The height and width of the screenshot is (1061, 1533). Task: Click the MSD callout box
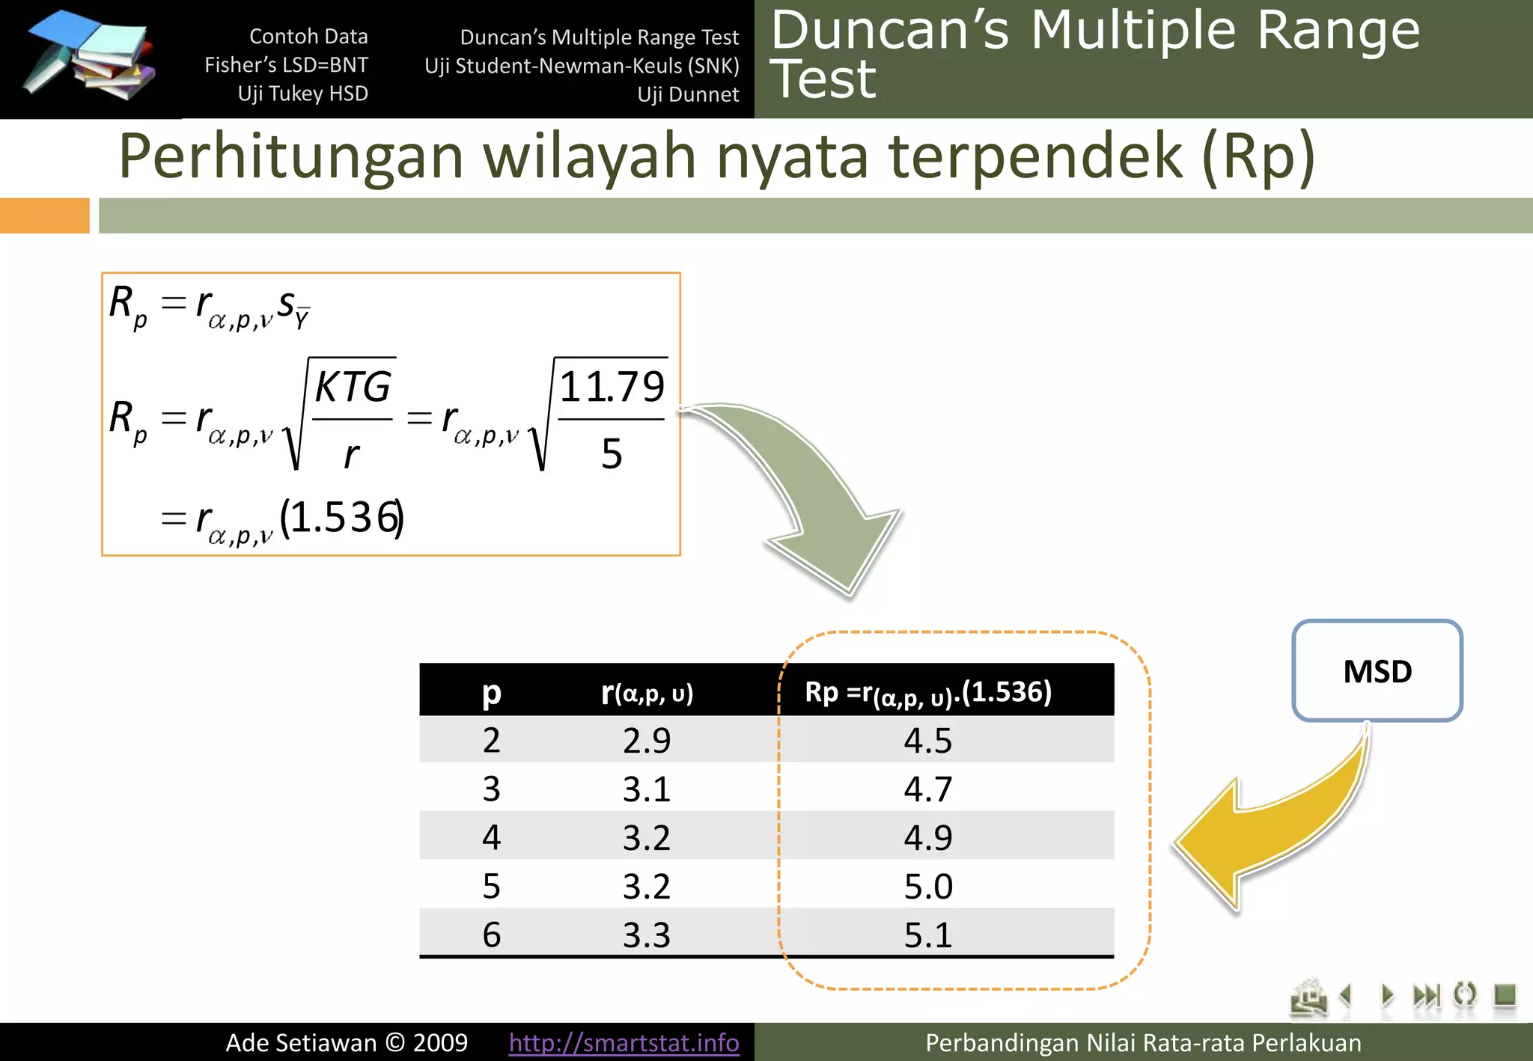click(x=1377, y=670)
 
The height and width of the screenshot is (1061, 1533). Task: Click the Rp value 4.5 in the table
click(x=927, y=741)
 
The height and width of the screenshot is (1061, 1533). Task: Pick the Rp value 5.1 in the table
click(x=927, y=935)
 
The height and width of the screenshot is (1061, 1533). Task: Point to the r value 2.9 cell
click(x=647, y=741)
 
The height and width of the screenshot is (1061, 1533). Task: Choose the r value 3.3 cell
click(x=647, y=935)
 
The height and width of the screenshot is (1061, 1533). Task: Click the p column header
click(x=491, y=693)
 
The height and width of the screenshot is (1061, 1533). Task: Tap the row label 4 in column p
click(x=491, y=837)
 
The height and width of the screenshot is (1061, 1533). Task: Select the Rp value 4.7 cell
click(x=927, y=789)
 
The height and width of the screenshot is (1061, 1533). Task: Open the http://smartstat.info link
click(x=624, y=1042)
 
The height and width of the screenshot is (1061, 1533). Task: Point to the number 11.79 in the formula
click(x=612, y=387)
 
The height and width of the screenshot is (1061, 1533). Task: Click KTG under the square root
click(x=353, y=387)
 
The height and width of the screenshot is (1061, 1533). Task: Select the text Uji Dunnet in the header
click(x=687, y=94)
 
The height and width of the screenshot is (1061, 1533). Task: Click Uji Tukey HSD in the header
click(x=302, y=94)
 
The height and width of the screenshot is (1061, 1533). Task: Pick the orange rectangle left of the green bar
click(x=44, y=215)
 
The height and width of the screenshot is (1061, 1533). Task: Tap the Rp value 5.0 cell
click(x=927, y=887)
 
